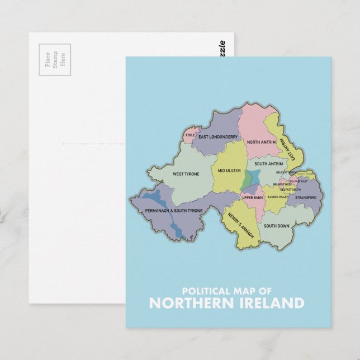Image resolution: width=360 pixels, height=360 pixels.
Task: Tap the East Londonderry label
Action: pos(218,137)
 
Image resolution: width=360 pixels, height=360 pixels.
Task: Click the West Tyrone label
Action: pos(186,174)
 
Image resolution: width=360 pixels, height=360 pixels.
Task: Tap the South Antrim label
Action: pos(268,164)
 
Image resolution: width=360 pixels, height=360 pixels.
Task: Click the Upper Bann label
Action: pos(253,198)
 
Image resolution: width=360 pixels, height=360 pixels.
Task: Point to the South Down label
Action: pos(276,226)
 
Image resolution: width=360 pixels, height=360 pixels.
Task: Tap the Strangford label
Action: pos(305,197)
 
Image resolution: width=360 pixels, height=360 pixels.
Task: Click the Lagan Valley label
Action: pos(277,197)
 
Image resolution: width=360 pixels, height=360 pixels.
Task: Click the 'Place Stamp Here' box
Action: pos(54,59)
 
